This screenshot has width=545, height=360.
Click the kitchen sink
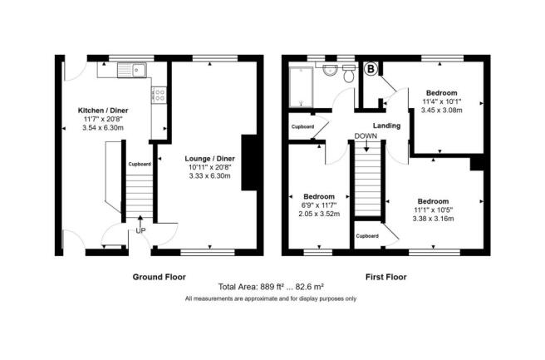132,70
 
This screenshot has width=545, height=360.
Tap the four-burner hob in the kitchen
159,95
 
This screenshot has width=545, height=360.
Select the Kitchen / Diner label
103,111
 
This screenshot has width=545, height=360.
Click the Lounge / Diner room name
210,159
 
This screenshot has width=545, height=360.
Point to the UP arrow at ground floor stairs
140,220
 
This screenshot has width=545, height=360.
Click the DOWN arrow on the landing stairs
366,145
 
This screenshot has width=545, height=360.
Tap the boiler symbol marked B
371,69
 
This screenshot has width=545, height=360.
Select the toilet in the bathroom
348,74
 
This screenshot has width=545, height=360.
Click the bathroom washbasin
329,70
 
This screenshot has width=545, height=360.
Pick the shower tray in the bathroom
302,87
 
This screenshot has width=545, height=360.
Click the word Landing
386,126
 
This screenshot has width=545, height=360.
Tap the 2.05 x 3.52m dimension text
319,214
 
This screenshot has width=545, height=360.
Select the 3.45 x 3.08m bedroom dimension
441,111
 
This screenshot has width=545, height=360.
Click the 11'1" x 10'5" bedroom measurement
433,210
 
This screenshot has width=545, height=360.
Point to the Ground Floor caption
160,277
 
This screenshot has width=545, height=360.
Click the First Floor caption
385,277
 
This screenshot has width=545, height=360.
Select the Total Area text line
271,287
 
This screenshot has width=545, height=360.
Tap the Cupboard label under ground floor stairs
140,164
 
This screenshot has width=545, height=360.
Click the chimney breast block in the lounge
250,162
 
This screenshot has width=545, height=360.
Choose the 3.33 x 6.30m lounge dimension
210,176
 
